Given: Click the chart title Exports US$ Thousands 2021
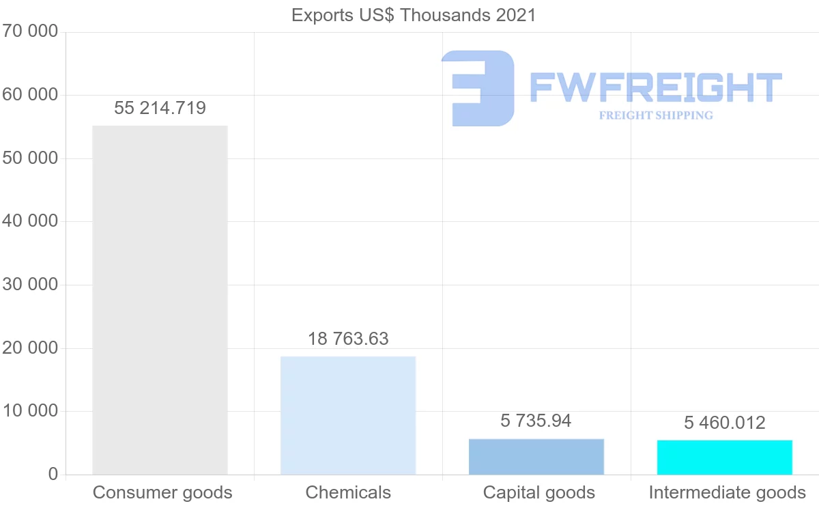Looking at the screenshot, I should click(x=414, y=15).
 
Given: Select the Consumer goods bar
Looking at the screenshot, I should click(x=160, y=300).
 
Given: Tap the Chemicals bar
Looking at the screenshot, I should click(x=348, y=414).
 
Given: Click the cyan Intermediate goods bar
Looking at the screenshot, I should click(x=725, y=457).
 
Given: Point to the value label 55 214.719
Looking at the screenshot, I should click(x=160, y=108).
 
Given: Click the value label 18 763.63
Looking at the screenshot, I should click(x=348, y=339).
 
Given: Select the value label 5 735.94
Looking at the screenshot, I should click(x=536, y=421).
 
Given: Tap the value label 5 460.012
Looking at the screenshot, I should click(x=725, y=423).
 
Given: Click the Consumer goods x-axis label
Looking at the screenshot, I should click(x=162, y=492).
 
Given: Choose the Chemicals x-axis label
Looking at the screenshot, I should click(x=348, y=492).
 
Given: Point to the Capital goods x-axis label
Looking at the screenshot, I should click(x=539, y=492).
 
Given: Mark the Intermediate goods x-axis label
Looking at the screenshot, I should click(x=728, y=492).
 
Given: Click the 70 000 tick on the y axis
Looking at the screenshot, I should click(x=29, y=31).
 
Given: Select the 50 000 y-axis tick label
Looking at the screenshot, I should click(x=29, y=158).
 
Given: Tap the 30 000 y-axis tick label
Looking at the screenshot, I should click(x=29, y=285).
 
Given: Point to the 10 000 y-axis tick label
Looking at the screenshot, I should click(x=29, y=411).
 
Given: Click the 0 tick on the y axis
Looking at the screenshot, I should click(x=53, y=474).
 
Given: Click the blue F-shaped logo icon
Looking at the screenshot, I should click(x=478, y=88).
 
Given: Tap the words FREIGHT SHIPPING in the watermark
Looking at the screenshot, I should click(x=656, y=115).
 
